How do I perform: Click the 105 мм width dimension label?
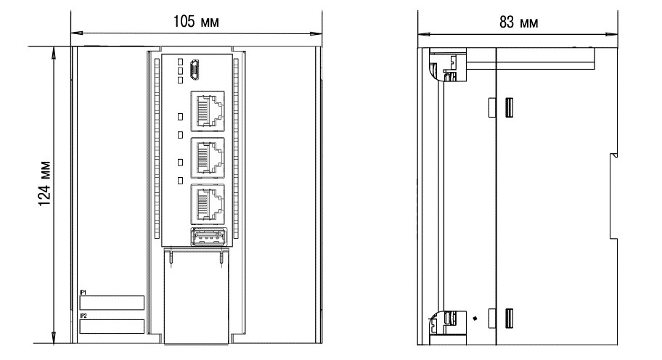(197, 22)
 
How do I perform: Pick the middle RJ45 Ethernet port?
(207, 157)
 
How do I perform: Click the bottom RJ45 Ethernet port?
(207, 203)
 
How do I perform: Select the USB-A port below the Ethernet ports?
(207, 237)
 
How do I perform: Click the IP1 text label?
(83, 292)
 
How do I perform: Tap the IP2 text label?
(83, 316)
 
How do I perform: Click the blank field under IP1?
(112, 303)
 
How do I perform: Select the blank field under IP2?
(112, 327)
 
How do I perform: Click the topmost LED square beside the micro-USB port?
(179, 62)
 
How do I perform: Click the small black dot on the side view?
(475, 317)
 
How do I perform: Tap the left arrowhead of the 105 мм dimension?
(75, 33)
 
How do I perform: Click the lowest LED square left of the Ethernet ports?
(179, 180)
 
